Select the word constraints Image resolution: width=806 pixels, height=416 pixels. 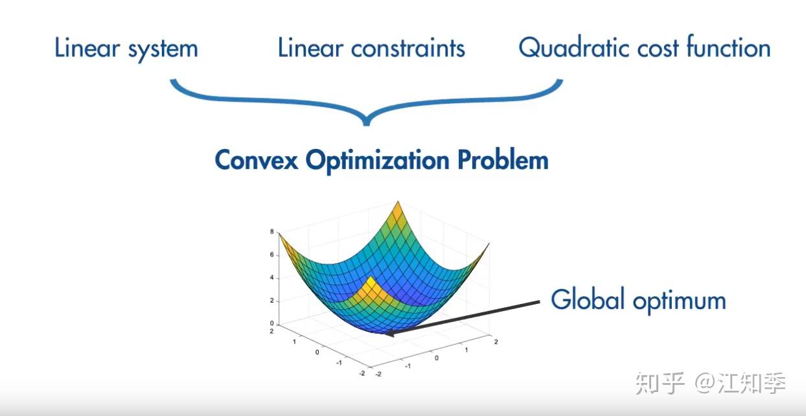click(x=408, y=48)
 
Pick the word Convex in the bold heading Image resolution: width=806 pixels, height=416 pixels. click(x=256, y=160)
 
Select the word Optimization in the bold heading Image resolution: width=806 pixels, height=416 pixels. click(x=378, y=161)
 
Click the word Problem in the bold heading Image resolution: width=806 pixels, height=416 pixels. click(x=503, y=159)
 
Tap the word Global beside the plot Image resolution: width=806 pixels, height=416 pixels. click(x=588, y=299)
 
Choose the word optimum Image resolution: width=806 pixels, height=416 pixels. click(x=680, y=301)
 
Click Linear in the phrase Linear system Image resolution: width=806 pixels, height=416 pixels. click(x=87, y=48)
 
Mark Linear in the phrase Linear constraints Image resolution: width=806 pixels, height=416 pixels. click(x=311, y=48)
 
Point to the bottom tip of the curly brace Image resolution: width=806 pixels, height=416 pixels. click(x=366, y=124)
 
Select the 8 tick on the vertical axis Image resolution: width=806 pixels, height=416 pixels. click(x=272, y=231)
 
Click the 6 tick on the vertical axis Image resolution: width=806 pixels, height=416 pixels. click(x=272, y=255)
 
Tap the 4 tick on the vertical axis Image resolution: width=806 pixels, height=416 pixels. click(x=272, y=277)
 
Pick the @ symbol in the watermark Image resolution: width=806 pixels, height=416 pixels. click(x=706, y=383)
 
